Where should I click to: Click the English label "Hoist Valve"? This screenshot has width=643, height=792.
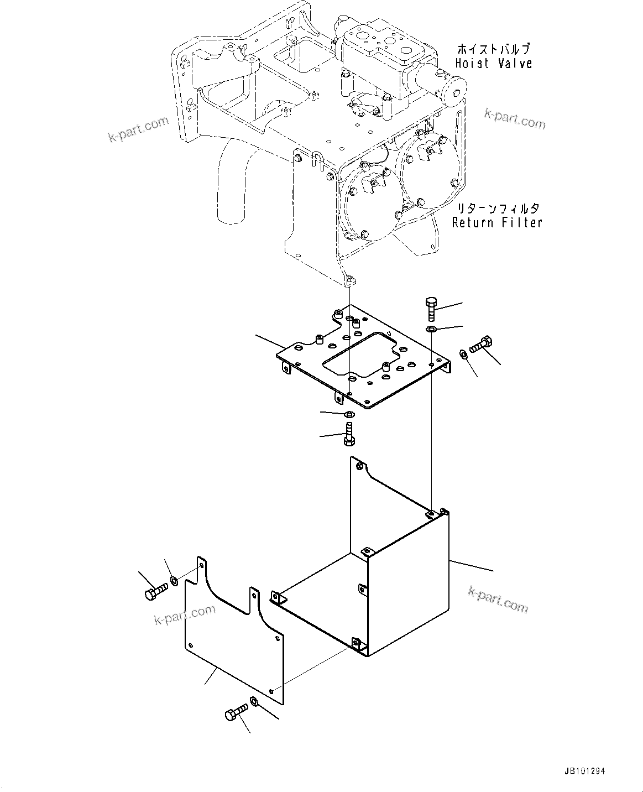point(493,64)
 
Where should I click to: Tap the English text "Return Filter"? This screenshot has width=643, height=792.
point(496,222)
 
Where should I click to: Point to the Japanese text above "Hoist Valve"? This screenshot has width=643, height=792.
point(493,49)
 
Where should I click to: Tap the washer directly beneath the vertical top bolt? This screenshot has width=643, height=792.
point(431,330)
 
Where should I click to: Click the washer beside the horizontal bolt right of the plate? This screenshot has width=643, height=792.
point(463,353)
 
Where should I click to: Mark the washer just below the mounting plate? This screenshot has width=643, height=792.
point(349,415)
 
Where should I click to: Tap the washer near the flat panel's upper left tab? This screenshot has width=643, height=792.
point(174,580)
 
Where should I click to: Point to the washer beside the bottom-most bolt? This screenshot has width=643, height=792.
point(253,701)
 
